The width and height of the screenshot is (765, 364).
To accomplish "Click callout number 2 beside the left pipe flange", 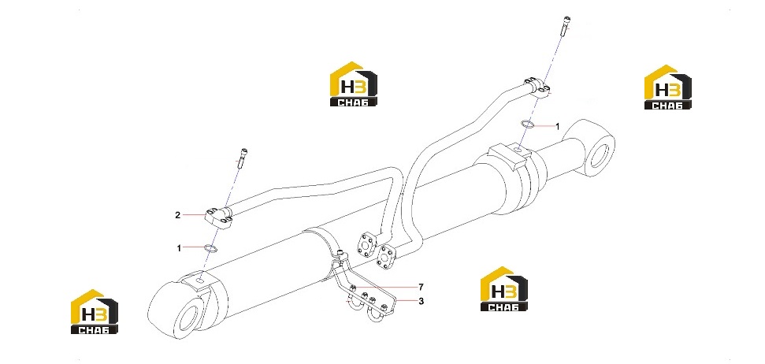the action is coord(178,215).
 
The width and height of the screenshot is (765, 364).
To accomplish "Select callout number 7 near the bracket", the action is coord(421,287).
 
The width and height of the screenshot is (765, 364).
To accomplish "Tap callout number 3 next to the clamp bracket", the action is coord(421,301).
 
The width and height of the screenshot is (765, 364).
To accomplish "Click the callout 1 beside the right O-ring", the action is coord(558,126).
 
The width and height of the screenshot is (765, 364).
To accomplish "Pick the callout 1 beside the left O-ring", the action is coord(179,248).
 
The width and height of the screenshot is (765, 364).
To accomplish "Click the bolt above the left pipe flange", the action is coord(242,158).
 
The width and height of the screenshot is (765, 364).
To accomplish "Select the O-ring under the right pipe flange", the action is coord(527,124).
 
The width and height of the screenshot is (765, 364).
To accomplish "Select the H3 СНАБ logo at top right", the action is coord(668,87).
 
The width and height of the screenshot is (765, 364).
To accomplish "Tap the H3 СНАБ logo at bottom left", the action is coord(95,312).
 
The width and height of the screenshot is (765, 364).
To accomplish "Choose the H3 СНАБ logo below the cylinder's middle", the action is coord(504,289).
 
